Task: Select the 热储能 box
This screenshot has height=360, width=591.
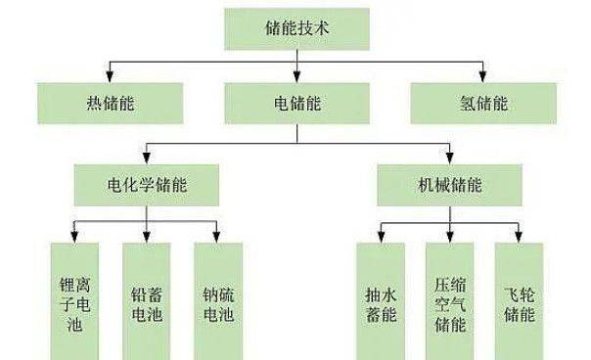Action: (x=110, y=102)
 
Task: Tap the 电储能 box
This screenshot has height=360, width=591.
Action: (x=295, y=102)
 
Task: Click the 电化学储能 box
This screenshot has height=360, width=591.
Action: (x=147, y=183)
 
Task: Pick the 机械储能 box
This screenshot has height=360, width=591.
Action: (x=450, y=183)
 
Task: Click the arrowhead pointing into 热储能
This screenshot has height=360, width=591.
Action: (x=110, y=78)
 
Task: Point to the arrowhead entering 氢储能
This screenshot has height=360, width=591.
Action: (x=481, y=78)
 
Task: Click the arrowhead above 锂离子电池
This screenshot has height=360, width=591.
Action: (x=75, y=237)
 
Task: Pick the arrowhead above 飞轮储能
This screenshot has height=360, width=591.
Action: (x=520, y=237)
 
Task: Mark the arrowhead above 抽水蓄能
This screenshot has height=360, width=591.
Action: (x=379, y=237)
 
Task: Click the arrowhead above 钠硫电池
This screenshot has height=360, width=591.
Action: (x=217, y=237)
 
